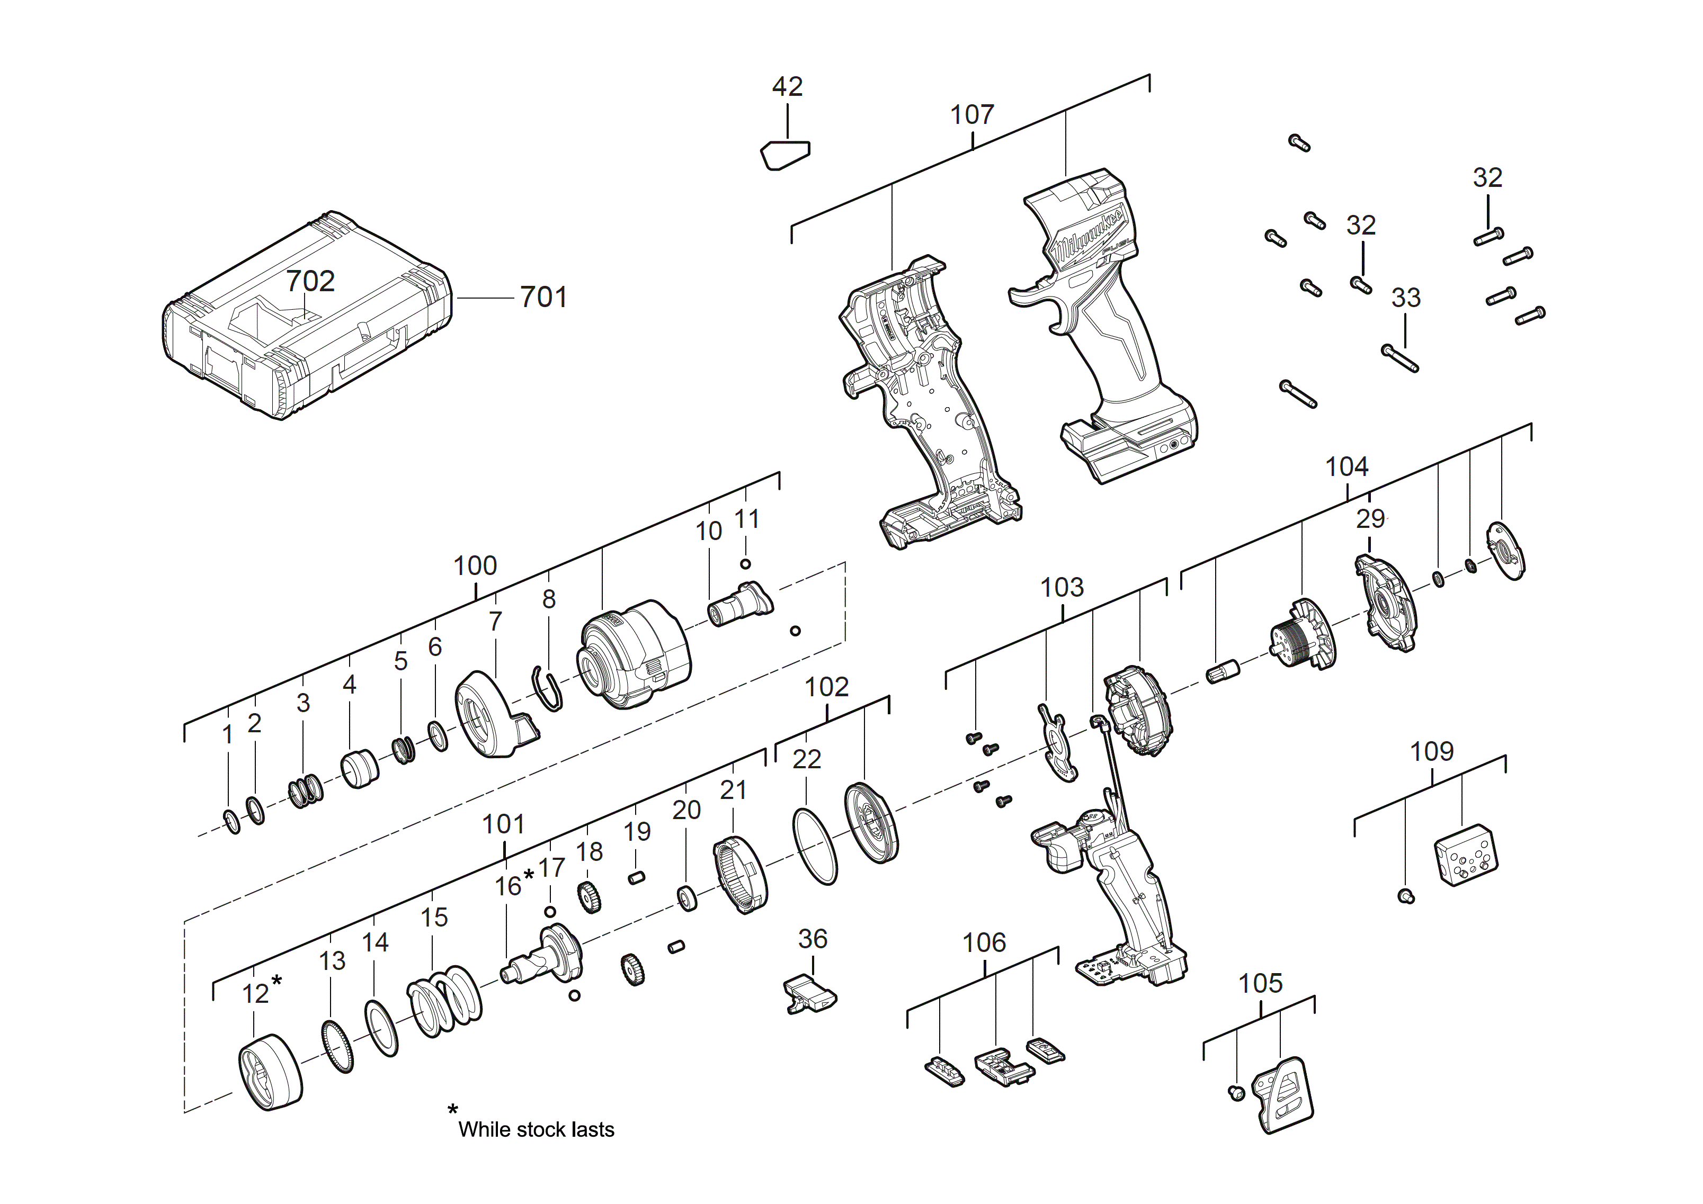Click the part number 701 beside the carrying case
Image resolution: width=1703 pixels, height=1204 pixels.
tap(543, 297)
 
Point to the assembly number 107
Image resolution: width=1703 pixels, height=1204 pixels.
tap(971, 115)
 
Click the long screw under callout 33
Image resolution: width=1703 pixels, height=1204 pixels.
tap(1401, 359)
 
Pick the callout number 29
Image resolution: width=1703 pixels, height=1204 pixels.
tap(1370, 519)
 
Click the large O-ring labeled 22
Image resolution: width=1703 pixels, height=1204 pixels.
tap(815, 846)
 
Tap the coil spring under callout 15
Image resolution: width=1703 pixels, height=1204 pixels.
tap(444, 1002)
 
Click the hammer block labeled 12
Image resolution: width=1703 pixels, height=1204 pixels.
tap(270, 1072)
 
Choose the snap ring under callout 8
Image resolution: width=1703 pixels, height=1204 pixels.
tap(548, 689)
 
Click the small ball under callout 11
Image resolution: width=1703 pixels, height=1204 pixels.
tap(745, 564)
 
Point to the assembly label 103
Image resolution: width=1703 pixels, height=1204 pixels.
tap(1062, 588)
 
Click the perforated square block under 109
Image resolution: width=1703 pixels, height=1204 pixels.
tap(1466, 855)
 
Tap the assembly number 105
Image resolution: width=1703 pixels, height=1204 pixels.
tap(1260, 984)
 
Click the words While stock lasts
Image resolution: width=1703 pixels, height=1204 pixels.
tap(536, 1130)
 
